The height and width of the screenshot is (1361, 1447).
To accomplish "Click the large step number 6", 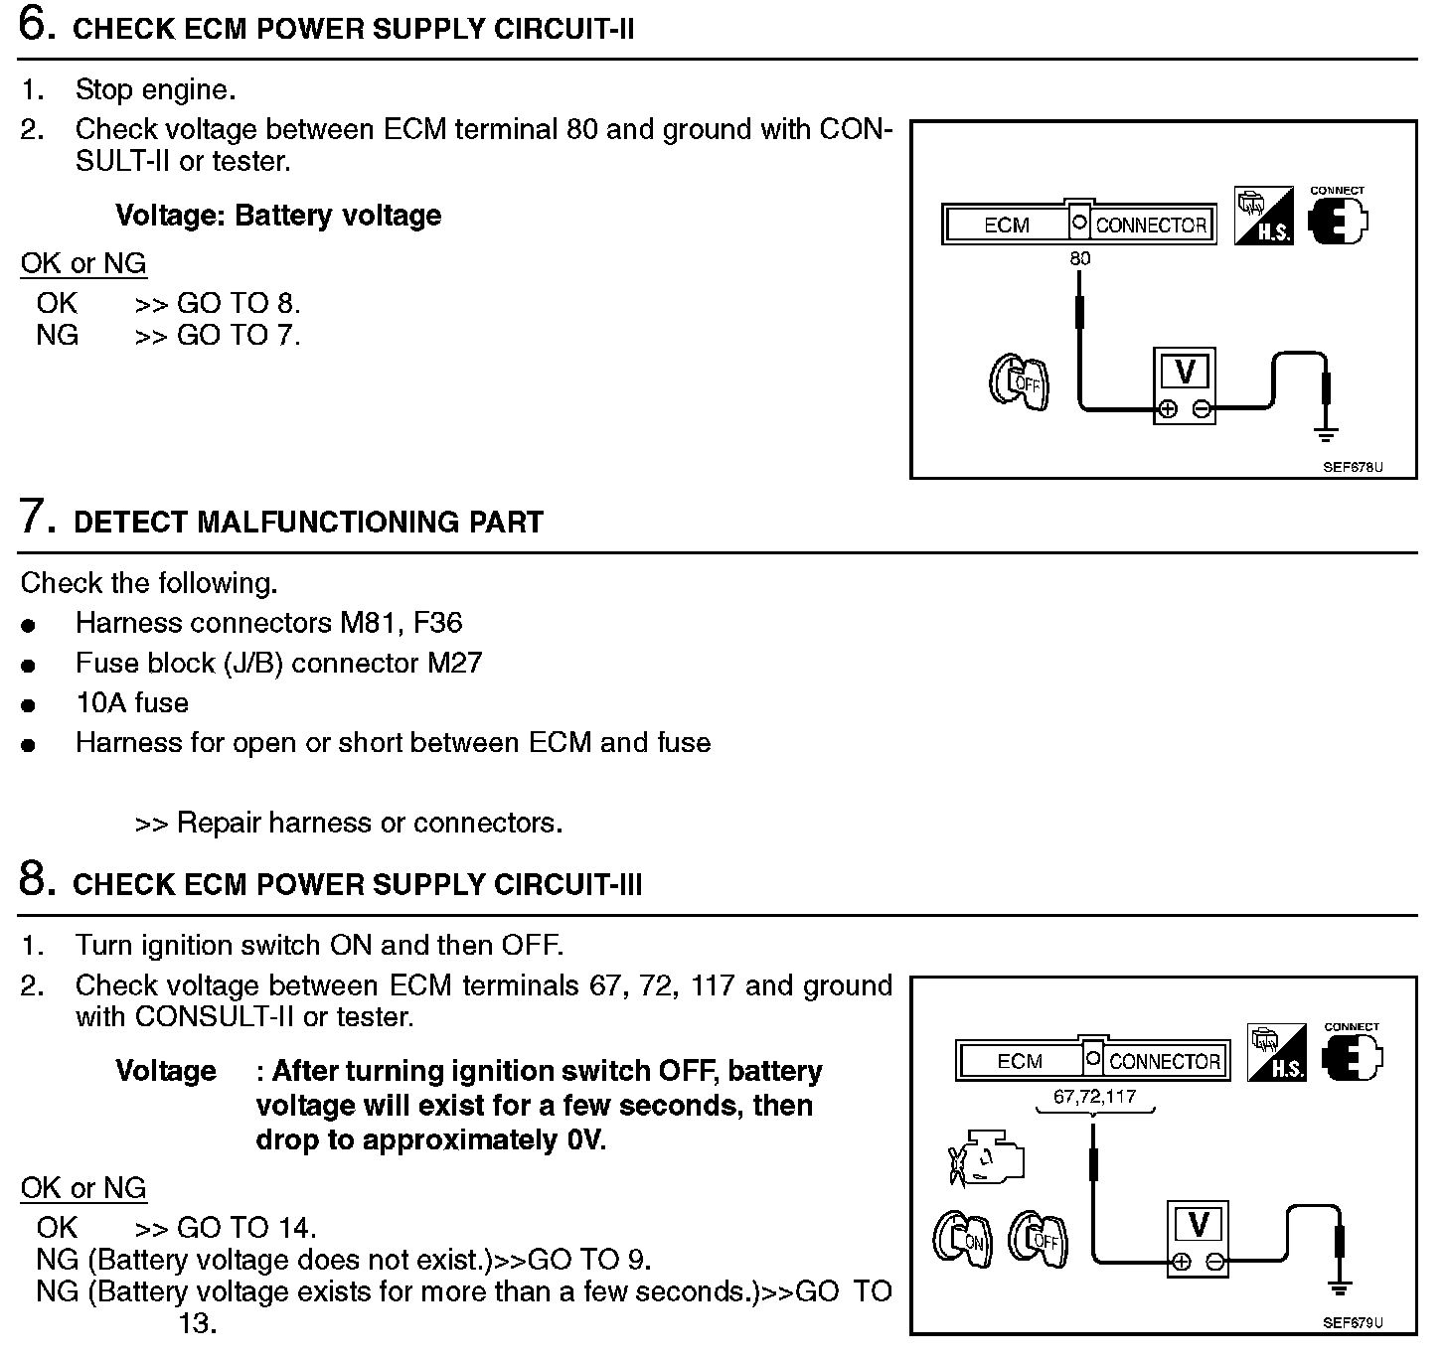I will click(x=36, y=26).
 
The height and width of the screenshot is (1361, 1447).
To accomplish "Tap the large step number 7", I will click(x=36, y=519).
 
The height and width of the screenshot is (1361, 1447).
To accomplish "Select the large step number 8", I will click(x=36, y=880).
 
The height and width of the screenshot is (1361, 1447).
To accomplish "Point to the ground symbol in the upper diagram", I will click(x=1326, y=433).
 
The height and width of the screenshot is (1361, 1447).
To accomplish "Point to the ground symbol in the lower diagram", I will click(x=1340, y=1288).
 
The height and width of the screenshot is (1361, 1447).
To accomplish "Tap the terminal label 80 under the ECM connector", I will click(x=1080, y=259).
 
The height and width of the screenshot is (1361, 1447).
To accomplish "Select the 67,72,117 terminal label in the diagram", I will click(x=1094, y=1097).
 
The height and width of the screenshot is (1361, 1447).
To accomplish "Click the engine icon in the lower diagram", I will click(x=986, y=1160).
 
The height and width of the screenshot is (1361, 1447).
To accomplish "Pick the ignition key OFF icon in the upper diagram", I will click(x=1019, y=383).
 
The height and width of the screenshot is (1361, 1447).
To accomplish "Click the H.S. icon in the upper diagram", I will click(x=1263, y=216).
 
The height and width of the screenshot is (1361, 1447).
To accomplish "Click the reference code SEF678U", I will click(x=1353, y=466).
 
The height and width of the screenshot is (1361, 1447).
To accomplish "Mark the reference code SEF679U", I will click(x=1353, y=1322).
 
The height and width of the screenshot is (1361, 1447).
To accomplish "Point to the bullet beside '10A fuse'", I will click(x=28, y=705).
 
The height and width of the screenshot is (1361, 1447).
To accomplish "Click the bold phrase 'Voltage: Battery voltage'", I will click(x=278, y=216).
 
